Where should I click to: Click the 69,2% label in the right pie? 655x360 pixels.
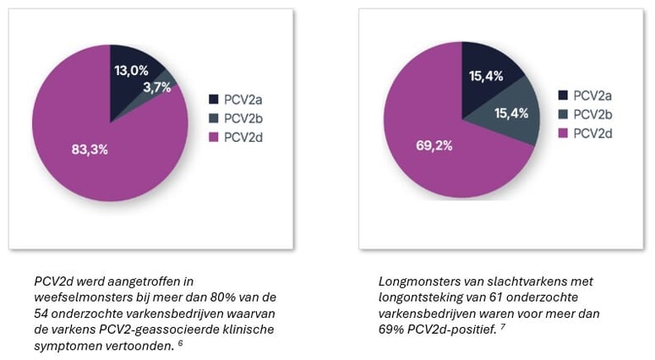tap(434, 145)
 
